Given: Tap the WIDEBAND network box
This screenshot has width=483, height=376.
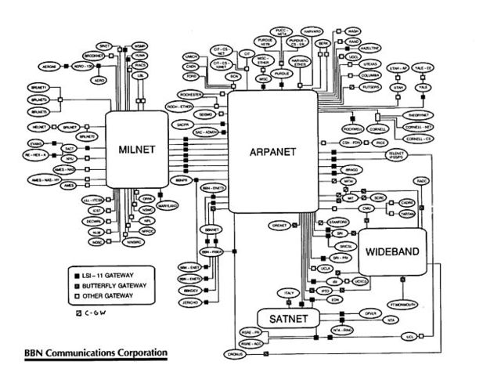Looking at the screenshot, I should [393, 252].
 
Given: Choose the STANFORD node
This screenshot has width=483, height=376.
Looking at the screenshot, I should [338, 222].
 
